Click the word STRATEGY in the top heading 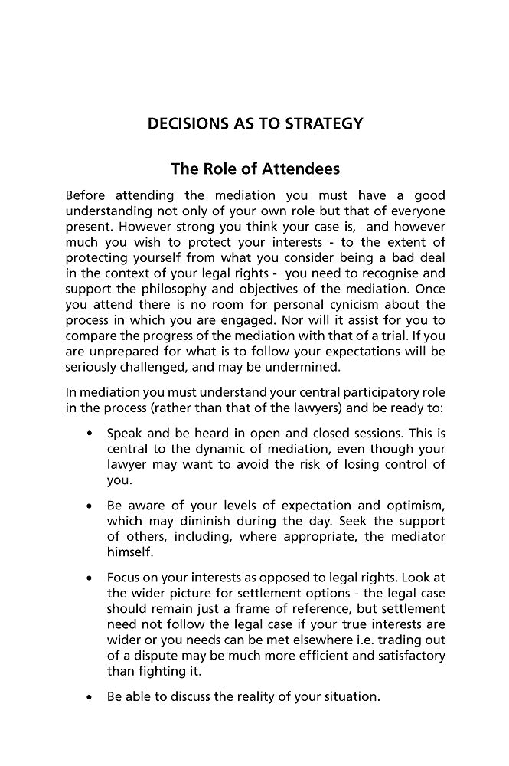[319, 123]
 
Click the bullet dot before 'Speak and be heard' [90, 434]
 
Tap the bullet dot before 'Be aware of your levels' [90, 506]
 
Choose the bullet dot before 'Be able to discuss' [90, 698]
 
